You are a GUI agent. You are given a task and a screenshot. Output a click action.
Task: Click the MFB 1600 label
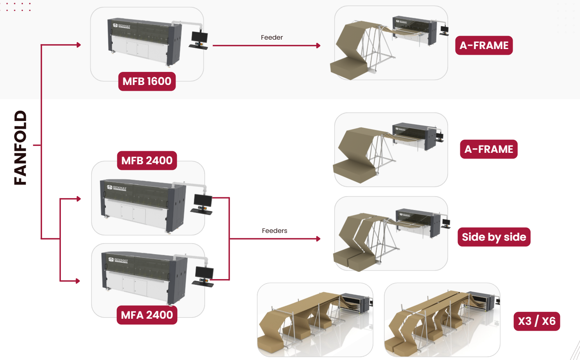(147, 81)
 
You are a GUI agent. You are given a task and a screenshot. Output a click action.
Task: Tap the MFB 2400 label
(147, 161)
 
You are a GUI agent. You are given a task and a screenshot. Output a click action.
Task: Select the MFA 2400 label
(147, 315)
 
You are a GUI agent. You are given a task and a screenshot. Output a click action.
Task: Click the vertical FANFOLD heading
(20, 148)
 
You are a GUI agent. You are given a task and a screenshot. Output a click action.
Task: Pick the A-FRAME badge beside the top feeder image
(484, 45)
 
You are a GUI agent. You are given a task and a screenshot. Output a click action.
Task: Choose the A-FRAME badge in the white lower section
(489, 149)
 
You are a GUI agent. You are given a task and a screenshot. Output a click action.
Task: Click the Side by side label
(494, 237)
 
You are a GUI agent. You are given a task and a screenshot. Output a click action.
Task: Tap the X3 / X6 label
(537, 322)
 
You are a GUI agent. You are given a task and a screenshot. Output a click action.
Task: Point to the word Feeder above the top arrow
(272, 38)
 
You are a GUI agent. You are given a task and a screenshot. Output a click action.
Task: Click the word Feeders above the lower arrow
(274, 231)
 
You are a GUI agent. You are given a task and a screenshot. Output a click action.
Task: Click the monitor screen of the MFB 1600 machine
(199, 36)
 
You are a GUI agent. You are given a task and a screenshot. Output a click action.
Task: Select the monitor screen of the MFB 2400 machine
(203, 201)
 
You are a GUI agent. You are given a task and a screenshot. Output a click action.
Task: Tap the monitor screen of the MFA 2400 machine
(204, 273)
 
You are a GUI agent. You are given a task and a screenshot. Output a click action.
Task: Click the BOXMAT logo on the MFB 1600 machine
(121, 26)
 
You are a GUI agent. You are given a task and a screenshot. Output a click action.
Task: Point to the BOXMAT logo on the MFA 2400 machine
(118, 260)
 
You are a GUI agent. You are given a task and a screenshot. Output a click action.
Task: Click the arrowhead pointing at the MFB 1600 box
(79, 45)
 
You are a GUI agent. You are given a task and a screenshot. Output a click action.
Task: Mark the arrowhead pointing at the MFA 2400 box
(78, 281)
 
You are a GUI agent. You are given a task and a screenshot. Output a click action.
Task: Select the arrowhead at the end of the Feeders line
(319, 239)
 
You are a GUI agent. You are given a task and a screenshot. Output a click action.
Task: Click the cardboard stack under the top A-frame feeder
(348, 68)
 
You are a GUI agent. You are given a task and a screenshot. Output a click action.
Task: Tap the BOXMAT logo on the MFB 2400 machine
(117, 188)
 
